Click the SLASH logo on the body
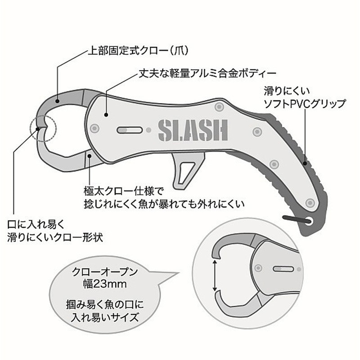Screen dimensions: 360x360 point(193,130)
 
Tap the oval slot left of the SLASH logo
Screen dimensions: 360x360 point(129,130)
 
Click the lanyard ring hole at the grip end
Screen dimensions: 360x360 point(309,221)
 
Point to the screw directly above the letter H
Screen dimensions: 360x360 point(219,107)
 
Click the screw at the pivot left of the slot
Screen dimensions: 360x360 point(94,128)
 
